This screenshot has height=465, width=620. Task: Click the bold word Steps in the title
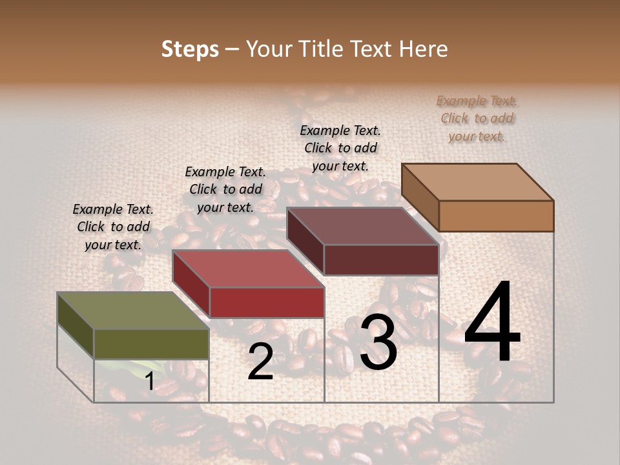click(x=190, y=49)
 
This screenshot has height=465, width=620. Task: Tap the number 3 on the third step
click(x=378, y=344)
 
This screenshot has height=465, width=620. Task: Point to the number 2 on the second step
click(x=260, y=362)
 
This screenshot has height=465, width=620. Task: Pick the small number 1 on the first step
click(x=149, y=382)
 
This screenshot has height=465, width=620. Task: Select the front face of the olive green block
click(x=151, y=344)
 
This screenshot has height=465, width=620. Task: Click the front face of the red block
click(x=267, y=302)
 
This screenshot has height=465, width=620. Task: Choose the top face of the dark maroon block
click(x=362, y=226)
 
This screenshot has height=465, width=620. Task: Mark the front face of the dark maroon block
click(x=381, y=260)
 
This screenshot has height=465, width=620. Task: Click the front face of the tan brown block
click(x=496, y=216)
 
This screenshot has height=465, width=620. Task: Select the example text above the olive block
click(x=113, y=227)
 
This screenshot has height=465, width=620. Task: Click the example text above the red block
click(x=225, y=189)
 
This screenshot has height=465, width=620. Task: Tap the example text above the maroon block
click(x=340, y=148)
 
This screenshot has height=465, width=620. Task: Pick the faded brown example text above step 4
click(x=477, y=118)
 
